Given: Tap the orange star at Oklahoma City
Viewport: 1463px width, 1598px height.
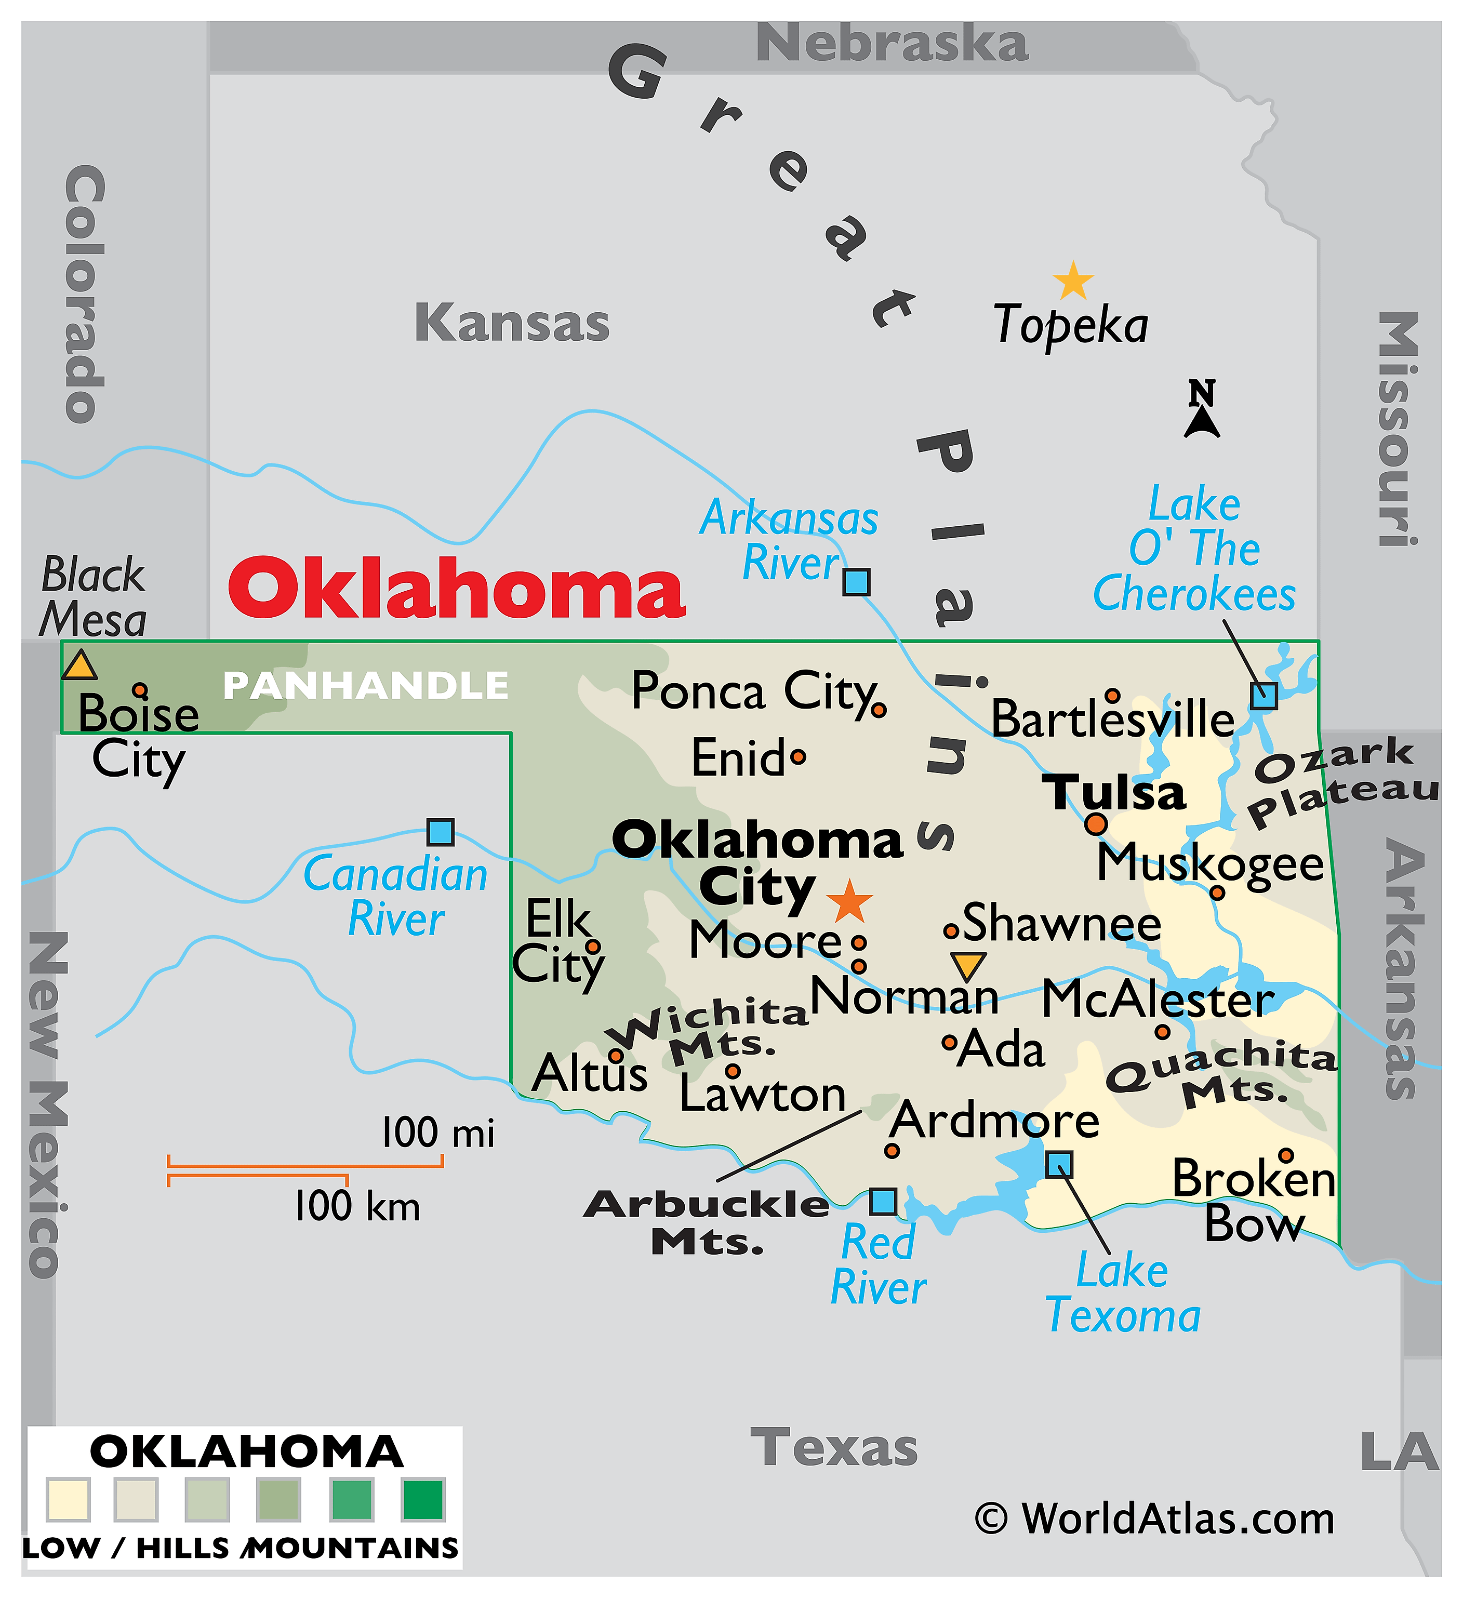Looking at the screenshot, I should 849,901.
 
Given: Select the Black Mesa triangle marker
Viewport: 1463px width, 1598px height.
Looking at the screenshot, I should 79,666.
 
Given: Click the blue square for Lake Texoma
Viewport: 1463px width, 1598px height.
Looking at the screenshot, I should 1059,1164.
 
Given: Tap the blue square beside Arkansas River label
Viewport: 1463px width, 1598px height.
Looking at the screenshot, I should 856,582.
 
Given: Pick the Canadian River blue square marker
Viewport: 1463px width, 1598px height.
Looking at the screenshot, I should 440,832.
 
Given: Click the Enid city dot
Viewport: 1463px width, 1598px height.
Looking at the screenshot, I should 798,757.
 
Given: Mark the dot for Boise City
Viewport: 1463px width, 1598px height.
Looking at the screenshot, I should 139,689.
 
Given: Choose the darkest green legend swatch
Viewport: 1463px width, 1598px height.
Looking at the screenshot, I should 422,1498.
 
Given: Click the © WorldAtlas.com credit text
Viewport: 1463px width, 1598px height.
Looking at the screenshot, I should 1154,1519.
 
